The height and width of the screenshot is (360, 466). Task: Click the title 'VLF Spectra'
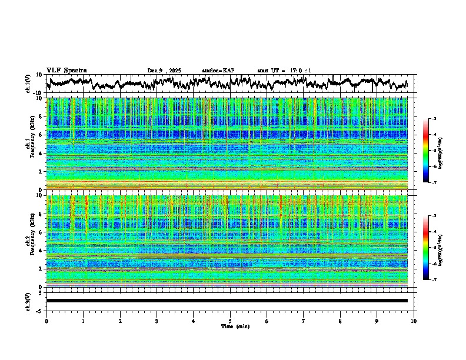(66, 70)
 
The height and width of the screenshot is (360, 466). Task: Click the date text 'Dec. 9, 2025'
(164, 71)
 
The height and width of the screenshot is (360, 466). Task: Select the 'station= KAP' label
(218, 71)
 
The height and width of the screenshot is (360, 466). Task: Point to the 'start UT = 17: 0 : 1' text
(284, 71)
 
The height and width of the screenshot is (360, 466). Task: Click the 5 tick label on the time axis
(230, 321)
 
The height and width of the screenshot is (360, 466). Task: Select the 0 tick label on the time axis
(46, 321)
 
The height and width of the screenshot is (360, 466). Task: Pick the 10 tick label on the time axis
(414, 321)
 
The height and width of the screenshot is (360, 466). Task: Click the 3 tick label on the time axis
(157, 321)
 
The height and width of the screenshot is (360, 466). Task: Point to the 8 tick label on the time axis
(340, 321)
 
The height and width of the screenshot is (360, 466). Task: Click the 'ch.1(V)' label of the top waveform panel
(28, 84)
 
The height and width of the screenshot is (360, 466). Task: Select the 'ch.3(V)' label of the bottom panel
(28, 301)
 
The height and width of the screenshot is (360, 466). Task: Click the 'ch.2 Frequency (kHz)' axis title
(29, 241)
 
